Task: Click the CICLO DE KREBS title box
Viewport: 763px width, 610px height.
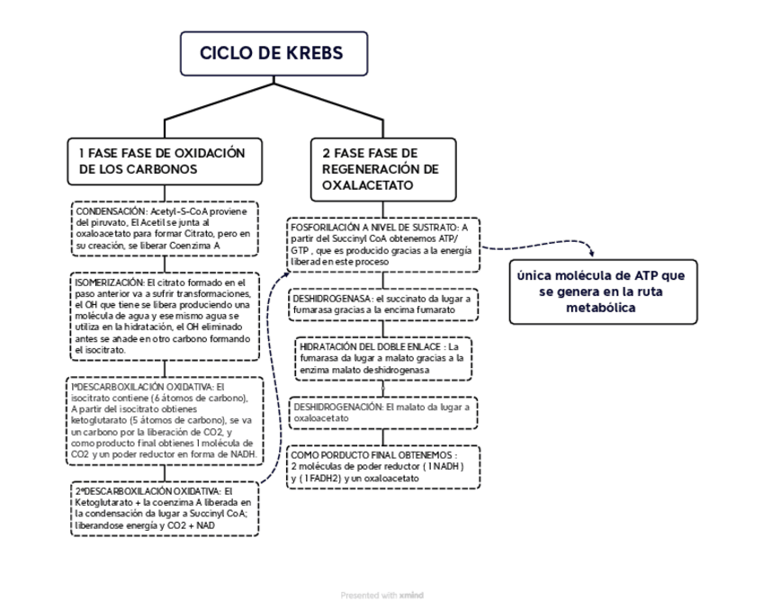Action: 273,54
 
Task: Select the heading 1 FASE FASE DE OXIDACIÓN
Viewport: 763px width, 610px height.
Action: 162,153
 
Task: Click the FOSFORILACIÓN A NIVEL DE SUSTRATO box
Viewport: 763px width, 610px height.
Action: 382,244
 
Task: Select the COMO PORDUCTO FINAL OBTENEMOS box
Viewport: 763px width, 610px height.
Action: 382,467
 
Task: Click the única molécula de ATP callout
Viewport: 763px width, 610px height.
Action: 602,292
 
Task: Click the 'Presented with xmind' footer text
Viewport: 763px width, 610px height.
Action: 381,595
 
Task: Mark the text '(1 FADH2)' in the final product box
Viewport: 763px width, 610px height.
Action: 321,479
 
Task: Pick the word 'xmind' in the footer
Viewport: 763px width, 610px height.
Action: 411,595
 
